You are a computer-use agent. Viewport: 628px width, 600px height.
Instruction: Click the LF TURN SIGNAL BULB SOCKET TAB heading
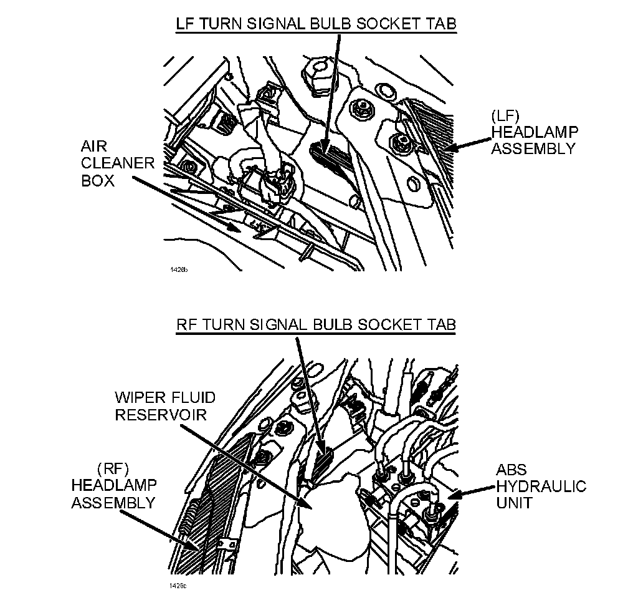point(316,24)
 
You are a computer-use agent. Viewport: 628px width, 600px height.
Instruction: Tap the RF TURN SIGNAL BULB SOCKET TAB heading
point(316,324)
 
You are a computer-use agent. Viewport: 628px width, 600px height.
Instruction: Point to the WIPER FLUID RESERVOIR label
point(165,406)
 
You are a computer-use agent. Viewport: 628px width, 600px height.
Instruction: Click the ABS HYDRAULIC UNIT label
point(541,486)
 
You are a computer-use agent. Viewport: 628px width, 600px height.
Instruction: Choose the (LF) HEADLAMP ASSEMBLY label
point(535,132)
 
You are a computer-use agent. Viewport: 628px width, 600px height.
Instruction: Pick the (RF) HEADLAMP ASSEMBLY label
point(114,486)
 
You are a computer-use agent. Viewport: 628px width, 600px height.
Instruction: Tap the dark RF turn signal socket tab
point(322,462)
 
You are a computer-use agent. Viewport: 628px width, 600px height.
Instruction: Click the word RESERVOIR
point(161,414)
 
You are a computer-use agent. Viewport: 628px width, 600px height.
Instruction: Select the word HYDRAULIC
point(541,486)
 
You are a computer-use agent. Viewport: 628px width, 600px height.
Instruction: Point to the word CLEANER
point(117,164)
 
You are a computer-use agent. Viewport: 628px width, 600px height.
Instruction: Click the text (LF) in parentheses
point(501,115)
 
